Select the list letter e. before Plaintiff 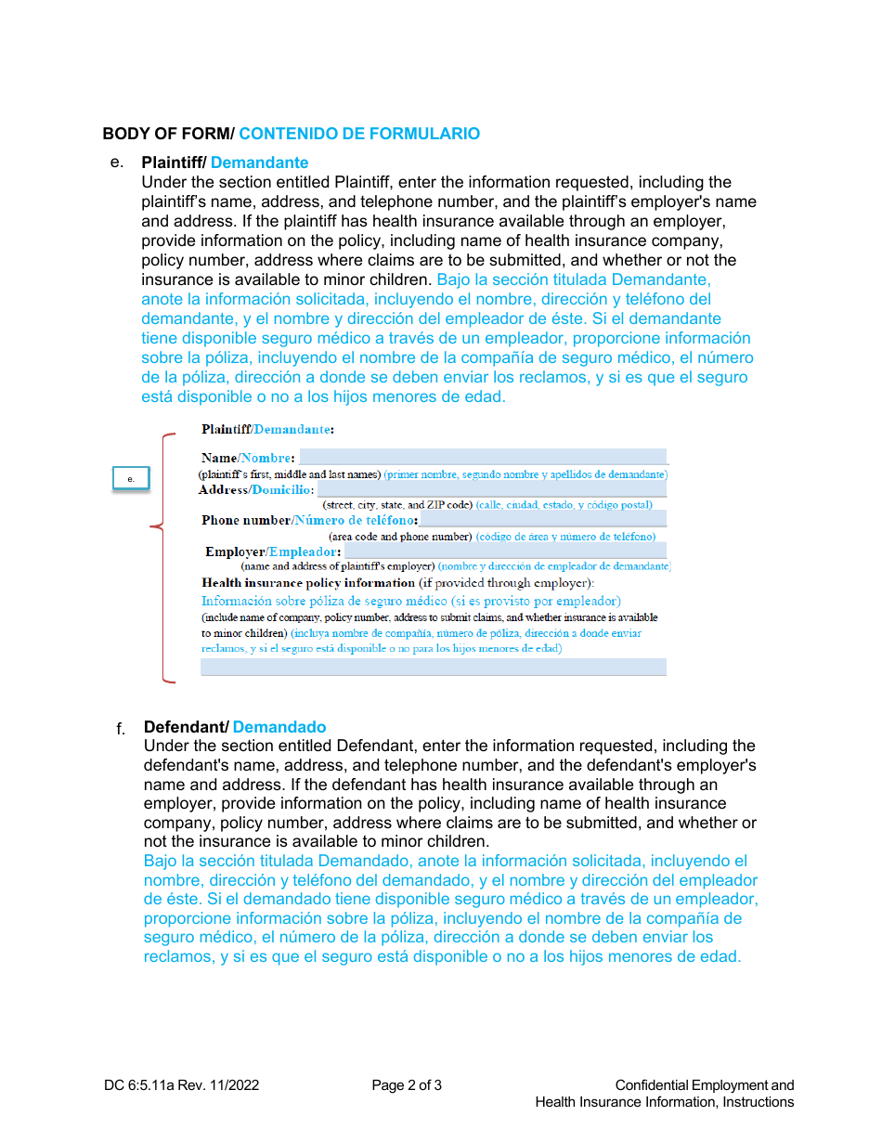coord(116,162)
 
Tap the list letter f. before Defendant coord(121,728)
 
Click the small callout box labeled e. coord(131,479)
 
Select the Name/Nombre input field coord(482,457)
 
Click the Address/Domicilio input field coord(491,489)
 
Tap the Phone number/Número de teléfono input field coord(542,520)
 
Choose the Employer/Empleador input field coord(505,552)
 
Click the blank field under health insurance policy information coord(433,667)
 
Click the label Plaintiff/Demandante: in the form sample coord(267,430)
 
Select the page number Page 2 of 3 coord(407,1085)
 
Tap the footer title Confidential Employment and coord(704,1085)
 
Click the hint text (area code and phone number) coord(400,537)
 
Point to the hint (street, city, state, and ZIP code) coord(397,505)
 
